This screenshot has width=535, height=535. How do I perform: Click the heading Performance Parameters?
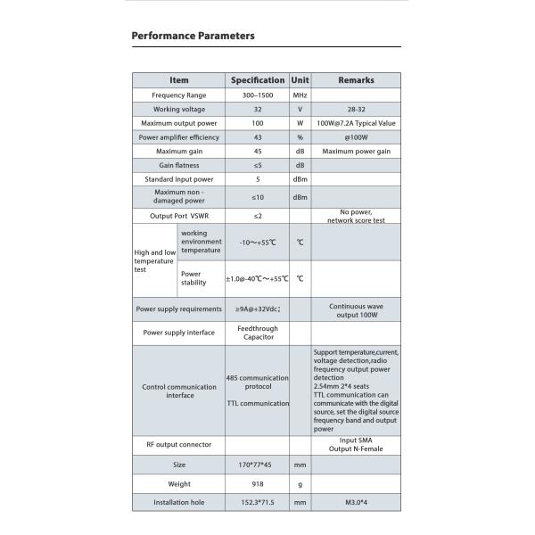point(193,36)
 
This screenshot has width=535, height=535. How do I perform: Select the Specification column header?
point(258,80)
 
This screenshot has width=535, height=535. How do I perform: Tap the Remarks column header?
point(356,80)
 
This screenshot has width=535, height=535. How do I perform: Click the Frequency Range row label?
point(179,95)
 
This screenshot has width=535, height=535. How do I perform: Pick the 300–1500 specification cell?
point(258,95)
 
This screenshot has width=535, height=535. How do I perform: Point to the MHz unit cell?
point(300,95)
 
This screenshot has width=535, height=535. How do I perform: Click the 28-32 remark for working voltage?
point(356,109)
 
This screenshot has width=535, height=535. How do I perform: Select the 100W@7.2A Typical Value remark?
point(356,123)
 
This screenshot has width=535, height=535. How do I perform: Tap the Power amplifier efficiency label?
point(179,137)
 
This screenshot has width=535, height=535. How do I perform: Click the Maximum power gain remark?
point(356,152)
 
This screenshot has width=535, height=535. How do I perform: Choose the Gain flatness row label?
point(179,166)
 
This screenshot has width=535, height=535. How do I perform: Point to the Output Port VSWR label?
point(179,216)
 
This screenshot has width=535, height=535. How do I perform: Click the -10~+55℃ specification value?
point(258,243)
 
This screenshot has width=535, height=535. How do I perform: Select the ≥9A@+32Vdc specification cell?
point(258,309)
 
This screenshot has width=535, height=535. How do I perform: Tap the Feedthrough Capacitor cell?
point(258,333)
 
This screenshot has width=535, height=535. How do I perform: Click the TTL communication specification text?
point(258,403)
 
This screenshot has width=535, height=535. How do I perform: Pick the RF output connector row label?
point(179,444)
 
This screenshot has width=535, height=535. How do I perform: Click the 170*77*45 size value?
point(258,465)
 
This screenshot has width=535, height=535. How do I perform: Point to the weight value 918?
point(258,484)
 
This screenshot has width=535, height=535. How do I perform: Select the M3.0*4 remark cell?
point(356,503)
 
